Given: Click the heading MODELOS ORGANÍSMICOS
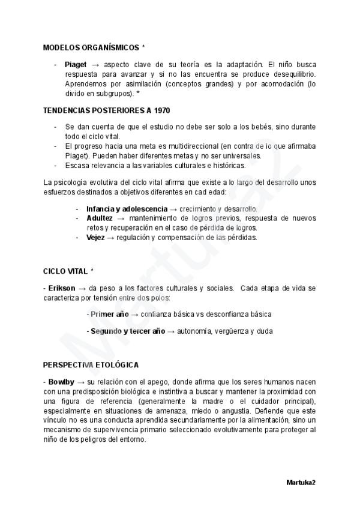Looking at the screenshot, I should [91, 47].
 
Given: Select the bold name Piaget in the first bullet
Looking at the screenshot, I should [76, 64].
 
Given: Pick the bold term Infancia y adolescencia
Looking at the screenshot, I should [127, 209].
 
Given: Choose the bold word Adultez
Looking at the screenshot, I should [100, 218].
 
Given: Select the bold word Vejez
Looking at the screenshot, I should [95, 238].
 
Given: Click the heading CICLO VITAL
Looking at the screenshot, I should [65, 271].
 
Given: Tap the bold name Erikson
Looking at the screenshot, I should [61, 288].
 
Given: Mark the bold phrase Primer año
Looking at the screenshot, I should [110, 314].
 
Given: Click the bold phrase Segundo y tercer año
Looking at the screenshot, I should [128, 331].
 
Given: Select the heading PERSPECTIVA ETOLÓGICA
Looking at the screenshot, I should [91, 365].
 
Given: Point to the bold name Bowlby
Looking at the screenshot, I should [61, 382].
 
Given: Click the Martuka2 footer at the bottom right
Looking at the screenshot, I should [301, 482].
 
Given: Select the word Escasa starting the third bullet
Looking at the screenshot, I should [76, 165].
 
